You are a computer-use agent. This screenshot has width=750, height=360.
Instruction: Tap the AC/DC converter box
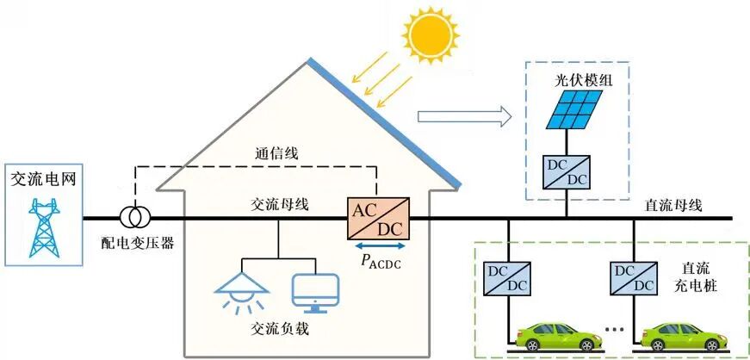point(378,219)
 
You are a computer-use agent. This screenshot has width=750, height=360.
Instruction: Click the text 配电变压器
point(138,243)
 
